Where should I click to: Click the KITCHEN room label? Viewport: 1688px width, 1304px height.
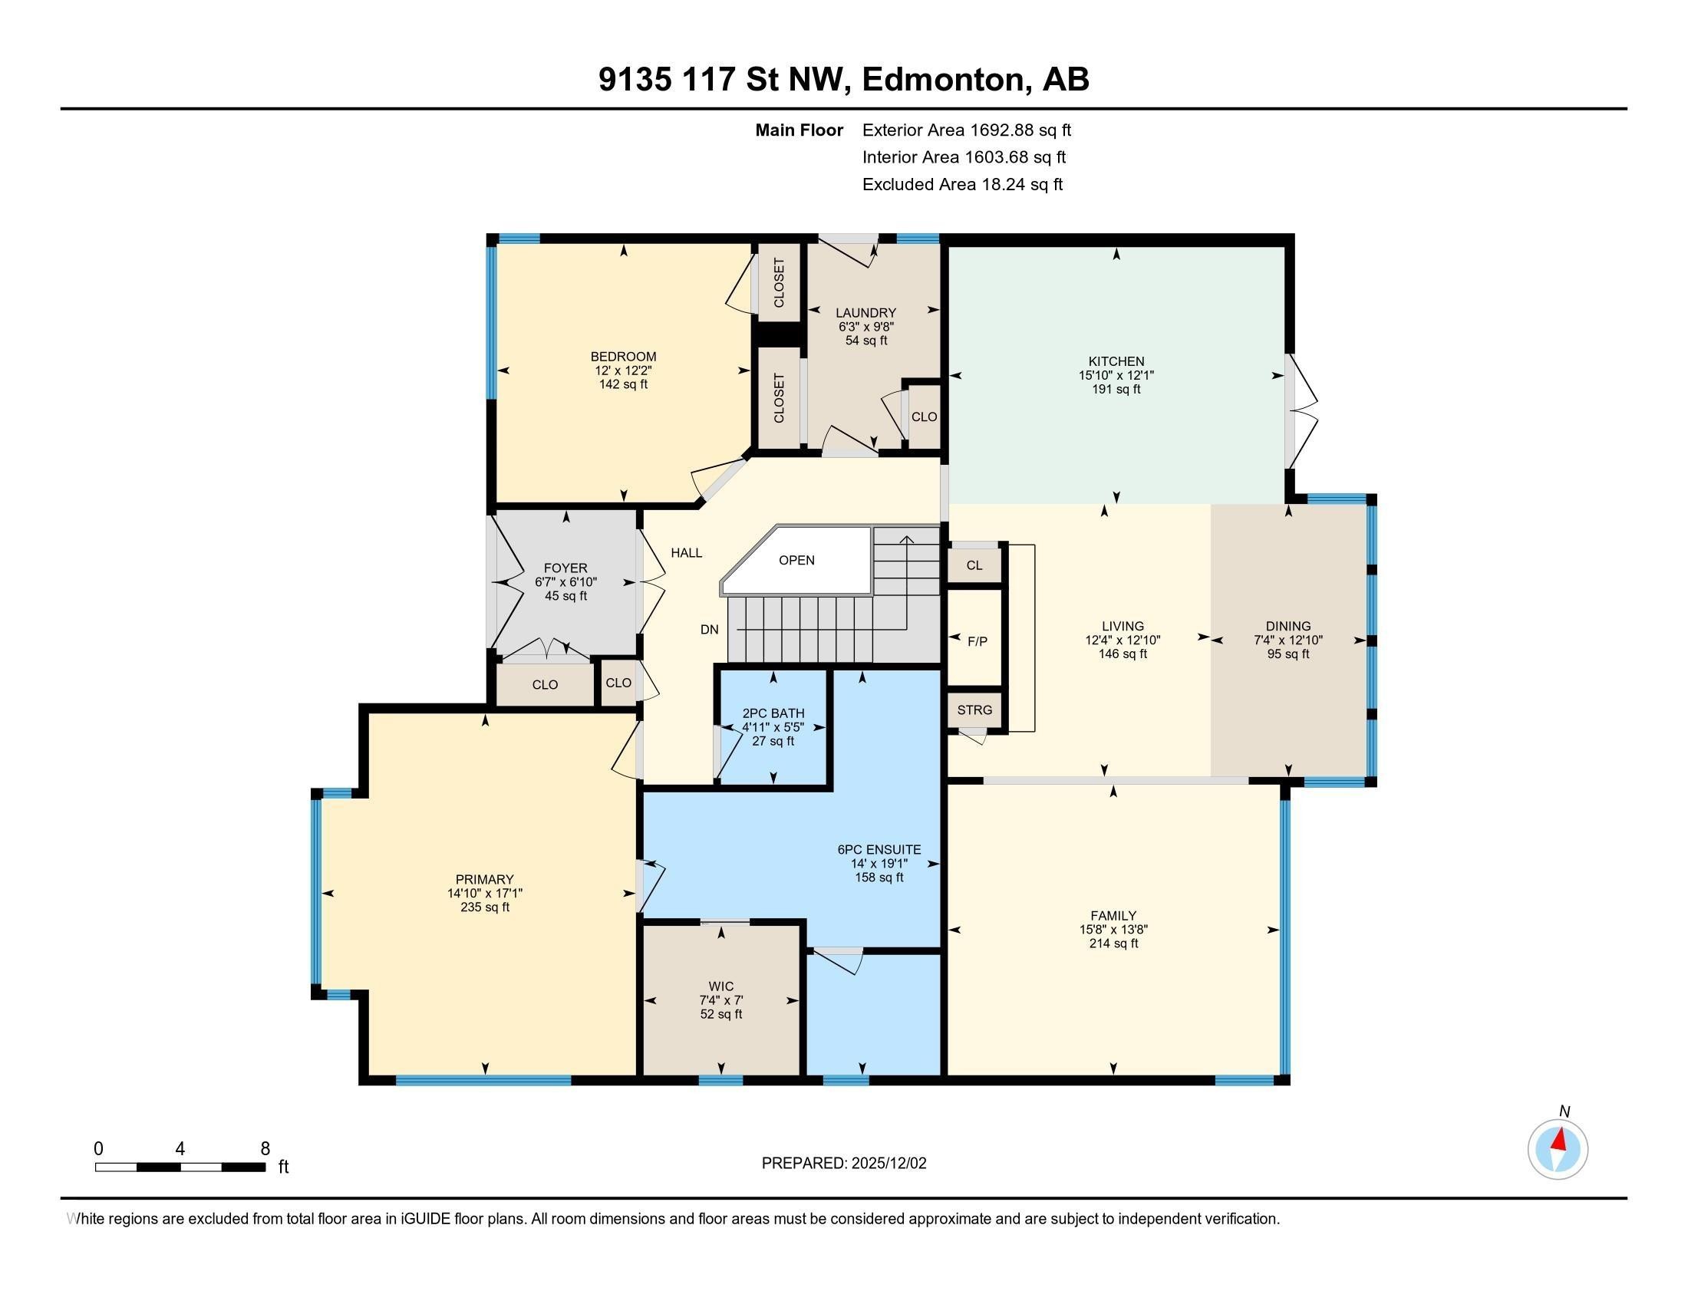pyautogui.click(x=1116, y=361)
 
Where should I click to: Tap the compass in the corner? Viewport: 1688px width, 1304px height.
pyautogui.click(x=1558, y=1150)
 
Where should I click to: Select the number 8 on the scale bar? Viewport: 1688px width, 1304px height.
pyautogui.click(x=265, y=1148)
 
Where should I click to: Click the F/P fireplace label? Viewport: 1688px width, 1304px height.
pyautogui.click(x=977, y=641)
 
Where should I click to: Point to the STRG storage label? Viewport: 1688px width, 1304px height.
pyautogui.click(x=974, y=710)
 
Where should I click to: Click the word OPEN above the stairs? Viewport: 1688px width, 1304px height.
pyautogui.click(x=796, y=560)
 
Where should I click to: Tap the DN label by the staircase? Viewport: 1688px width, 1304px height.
pyautogui.click(x=710, y=630)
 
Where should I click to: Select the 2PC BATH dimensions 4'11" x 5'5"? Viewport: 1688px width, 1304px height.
pyautogui.click(x=773, y=728)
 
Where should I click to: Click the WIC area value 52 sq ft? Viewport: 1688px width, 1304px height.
pyautogui.click(x=720, y=1014)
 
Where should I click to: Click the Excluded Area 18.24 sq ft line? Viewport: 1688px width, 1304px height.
pyautogui.click(x=962, y=185)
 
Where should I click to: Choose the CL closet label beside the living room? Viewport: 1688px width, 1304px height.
pyautogui.click(x=974, y=565)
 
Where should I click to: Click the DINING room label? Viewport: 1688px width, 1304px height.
pyautogui.click(x=1287, y=627)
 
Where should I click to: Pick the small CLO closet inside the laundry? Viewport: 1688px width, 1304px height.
pyautogui.click(x=924, y=417)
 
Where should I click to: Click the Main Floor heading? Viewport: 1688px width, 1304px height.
pyautogui.click(x=799, y=130)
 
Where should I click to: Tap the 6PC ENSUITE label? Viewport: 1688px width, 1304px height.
pyautogui.click(x=879, y=850)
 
